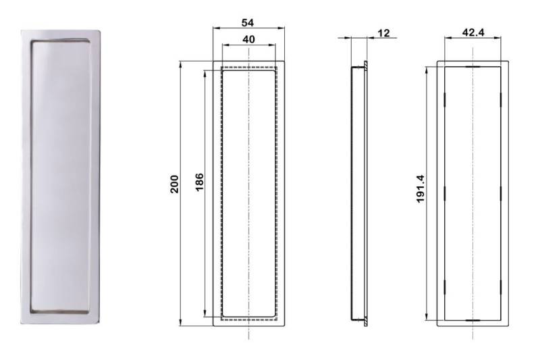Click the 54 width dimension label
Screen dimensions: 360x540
248,22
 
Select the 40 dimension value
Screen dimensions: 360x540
248,39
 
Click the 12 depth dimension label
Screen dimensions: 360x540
384,33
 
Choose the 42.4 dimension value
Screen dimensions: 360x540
473,30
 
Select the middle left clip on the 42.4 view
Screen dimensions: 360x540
445,193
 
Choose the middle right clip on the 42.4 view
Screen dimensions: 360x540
500,193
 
